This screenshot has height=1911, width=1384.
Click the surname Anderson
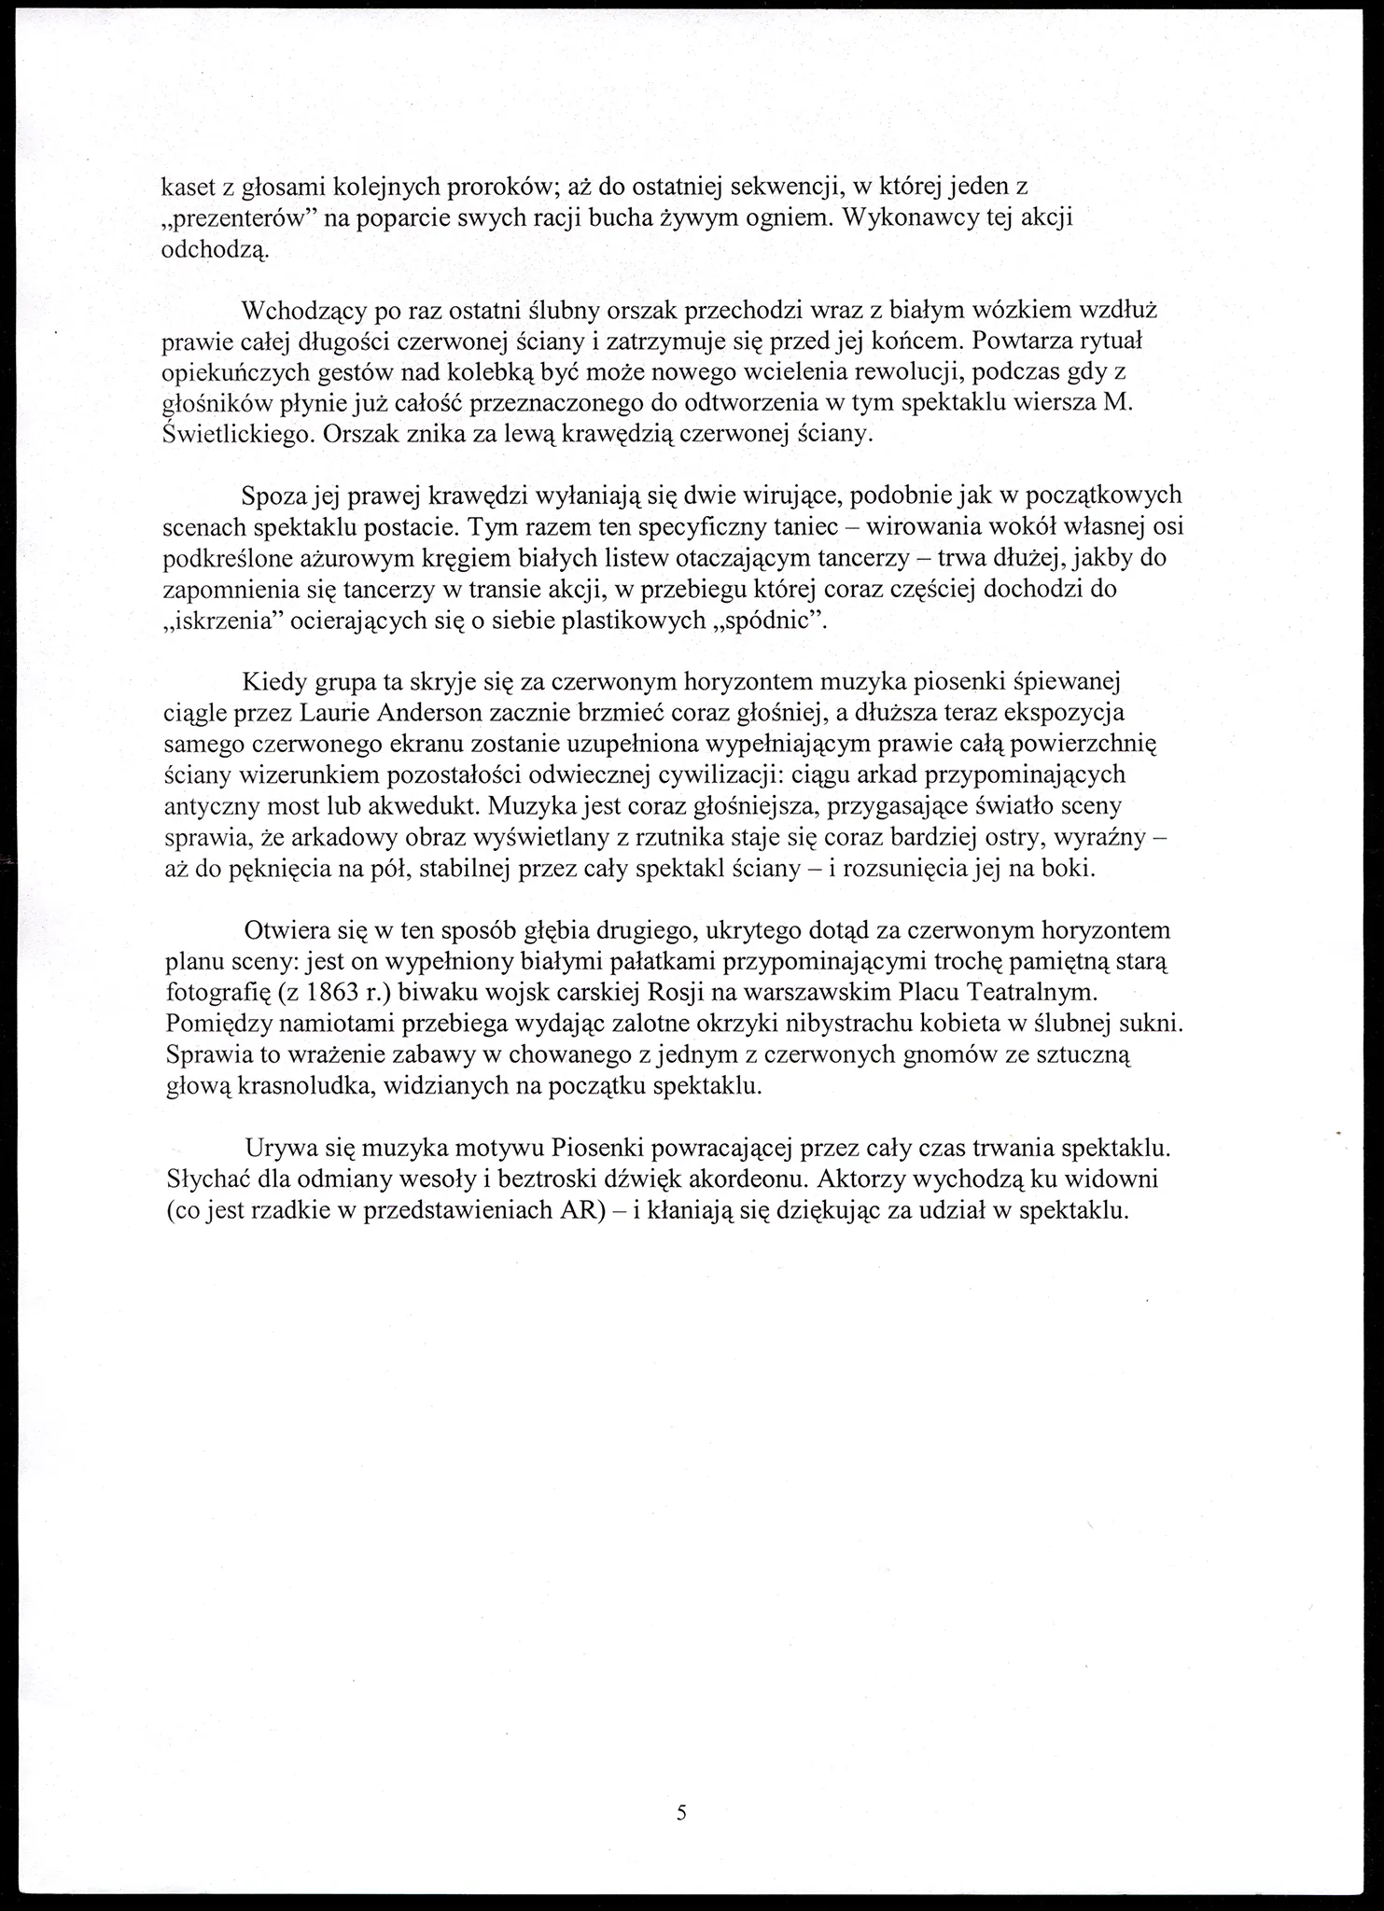431,714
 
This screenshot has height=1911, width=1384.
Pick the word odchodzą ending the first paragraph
214,249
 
